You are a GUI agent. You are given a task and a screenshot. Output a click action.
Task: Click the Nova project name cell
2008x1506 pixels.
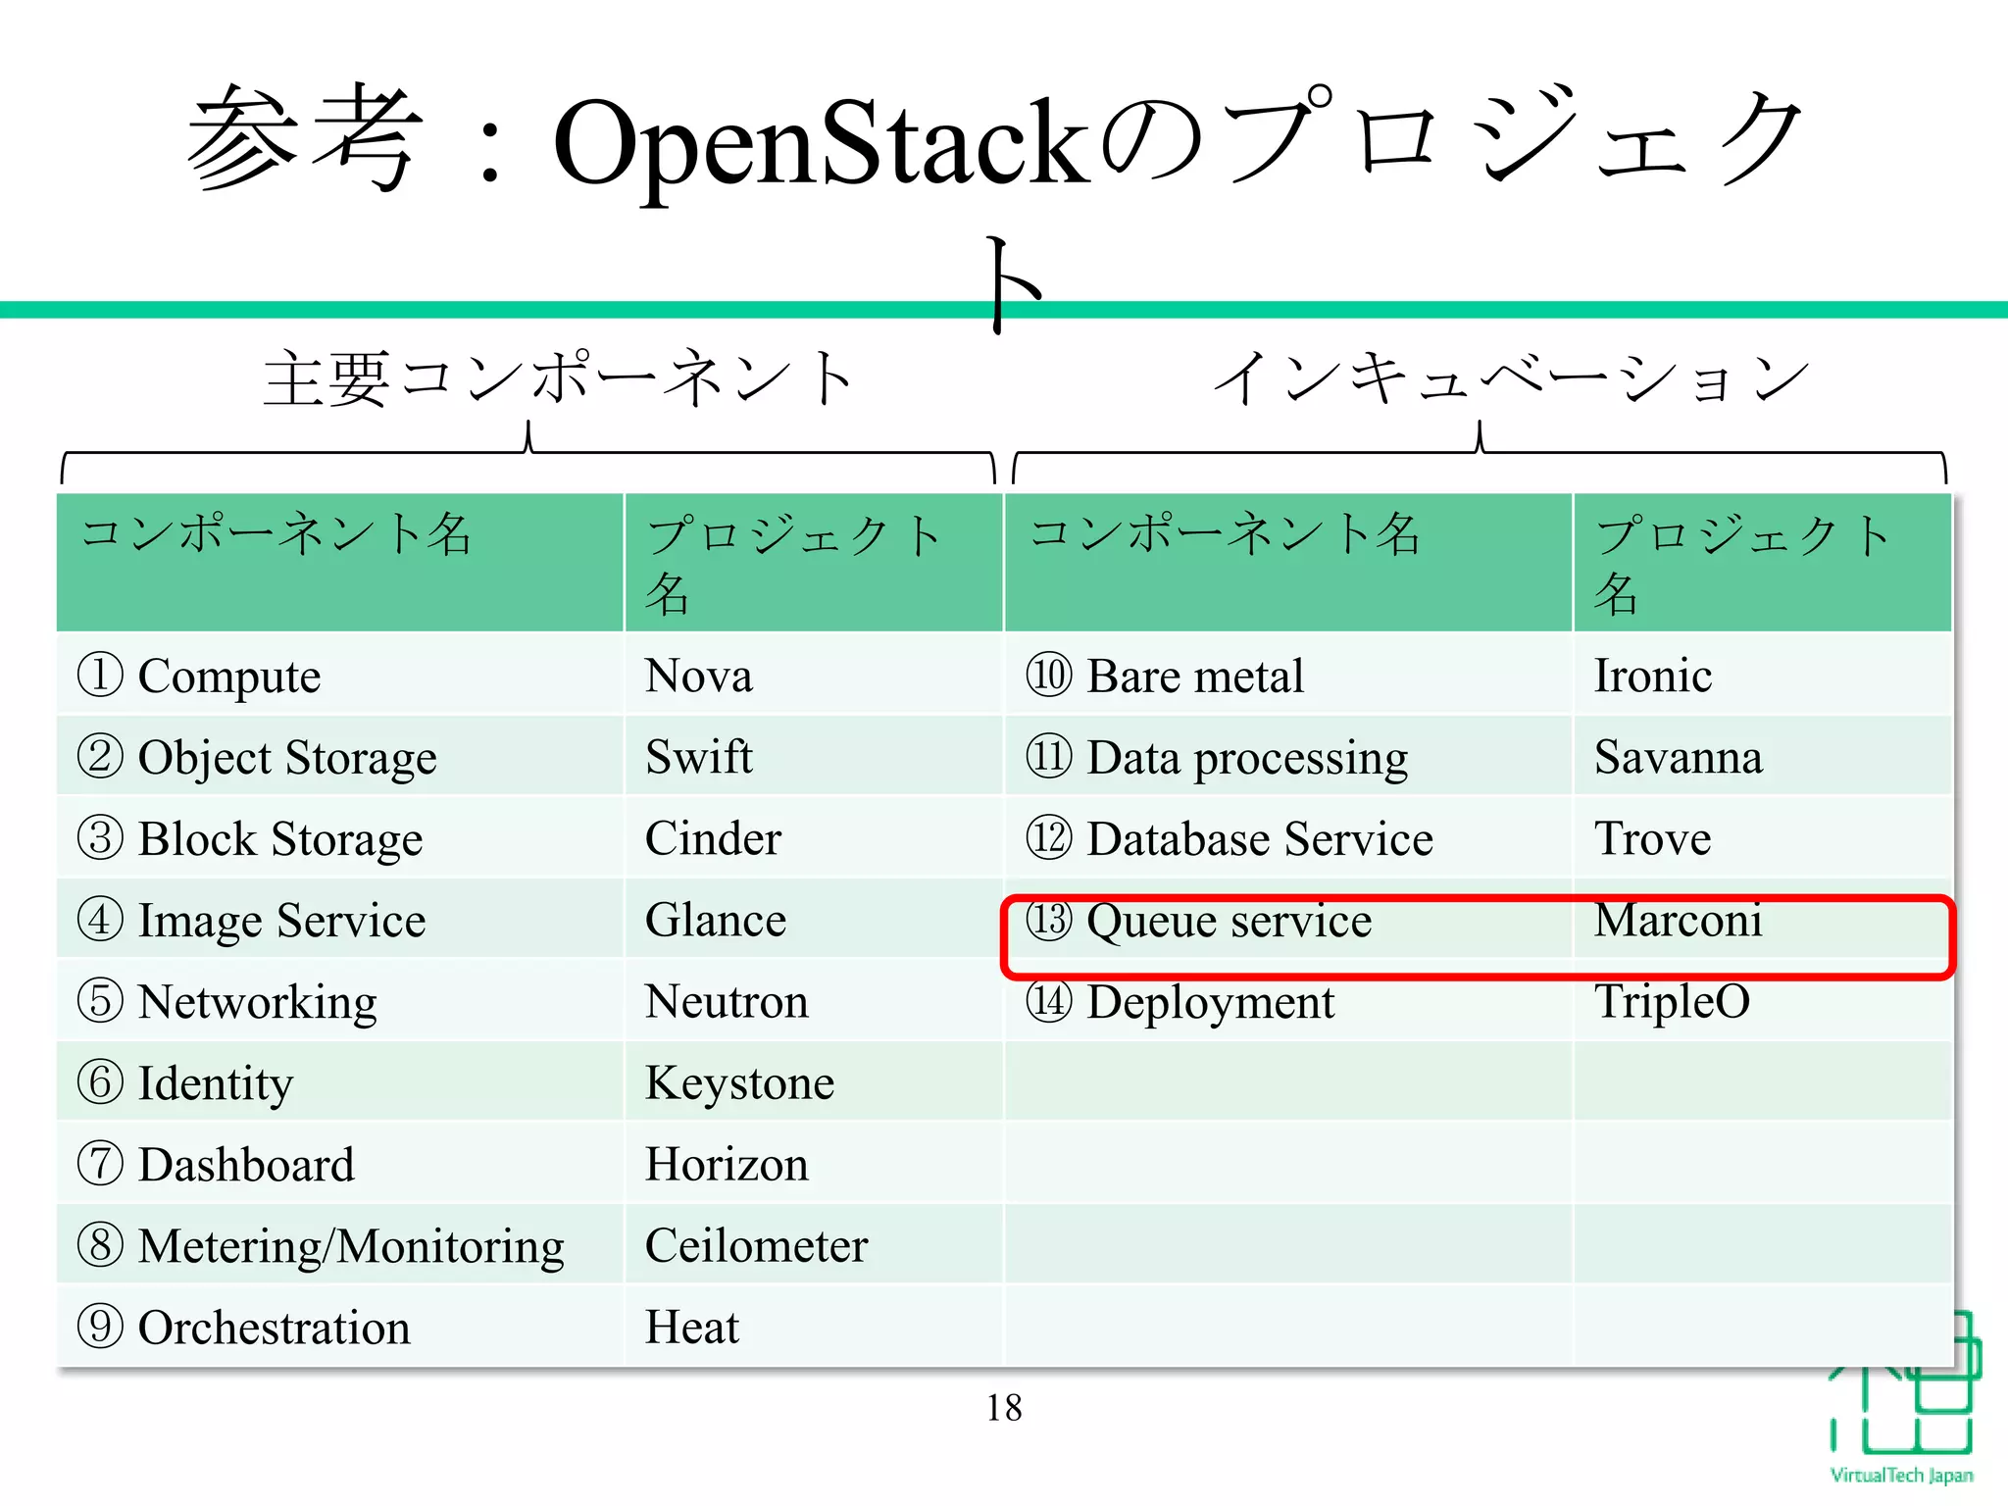(699, 676)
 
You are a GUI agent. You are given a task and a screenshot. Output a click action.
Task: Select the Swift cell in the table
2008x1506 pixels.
(699, 757)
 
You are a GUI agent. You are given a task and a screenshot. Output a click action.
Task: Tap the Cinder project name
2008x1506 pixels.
(713, 838)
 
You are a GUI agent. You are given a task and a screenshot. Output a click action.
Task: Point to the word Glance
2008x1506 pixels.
(716, 920)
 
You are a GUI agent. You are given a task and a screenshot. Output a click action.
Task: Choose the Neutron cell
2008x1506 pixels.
(727, 1001)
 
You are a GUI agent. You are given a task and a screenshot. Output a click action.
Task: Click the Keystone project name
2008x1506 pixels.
(739, 1083)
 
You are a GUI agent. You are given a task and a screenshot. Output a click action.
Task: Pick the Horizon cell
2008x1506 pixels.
(727, 1165)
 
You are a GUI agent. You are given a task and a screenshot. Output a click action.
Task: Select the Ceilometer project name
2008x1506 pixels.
(756, 1246)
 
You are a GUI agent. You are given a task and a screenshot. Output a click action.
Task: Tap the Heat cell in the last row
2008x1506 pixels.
(692, 1328)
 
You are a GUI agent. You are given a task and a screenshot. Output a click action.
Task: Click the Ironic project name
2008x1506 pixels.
(1653, 676)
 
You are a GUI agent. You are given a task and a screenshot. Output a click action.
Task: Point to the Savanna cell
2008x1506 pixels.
(1678, 757)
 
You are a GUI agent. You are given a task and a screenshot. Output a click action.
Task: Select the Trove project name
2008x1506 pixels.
(1652, 838)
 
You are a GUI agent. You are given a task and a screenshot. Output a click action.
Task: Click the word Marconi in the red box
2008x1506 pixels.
(1678, 920)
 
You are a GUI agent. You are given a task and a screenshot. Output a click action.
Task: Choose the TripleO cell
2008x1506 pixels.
(1672, 1001)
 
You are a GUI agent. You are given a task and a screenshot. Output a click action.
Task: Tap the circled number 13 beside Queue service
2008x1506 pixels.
(1049, 920)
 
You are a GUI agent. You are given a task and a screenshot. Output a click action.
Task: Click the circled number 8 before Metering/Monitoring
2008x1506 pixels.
(100, 1246)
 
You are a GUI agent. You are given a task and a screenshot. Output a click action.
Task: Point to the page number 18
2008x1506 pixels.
(1004, 1408)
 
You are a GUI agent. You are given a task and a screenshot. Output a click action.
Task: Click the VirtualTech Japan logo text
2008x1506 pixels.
(1901, 1476)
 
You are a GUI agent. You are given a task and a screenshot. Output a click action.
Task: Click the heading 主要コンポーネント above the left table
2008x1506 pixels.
(558, 379)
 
